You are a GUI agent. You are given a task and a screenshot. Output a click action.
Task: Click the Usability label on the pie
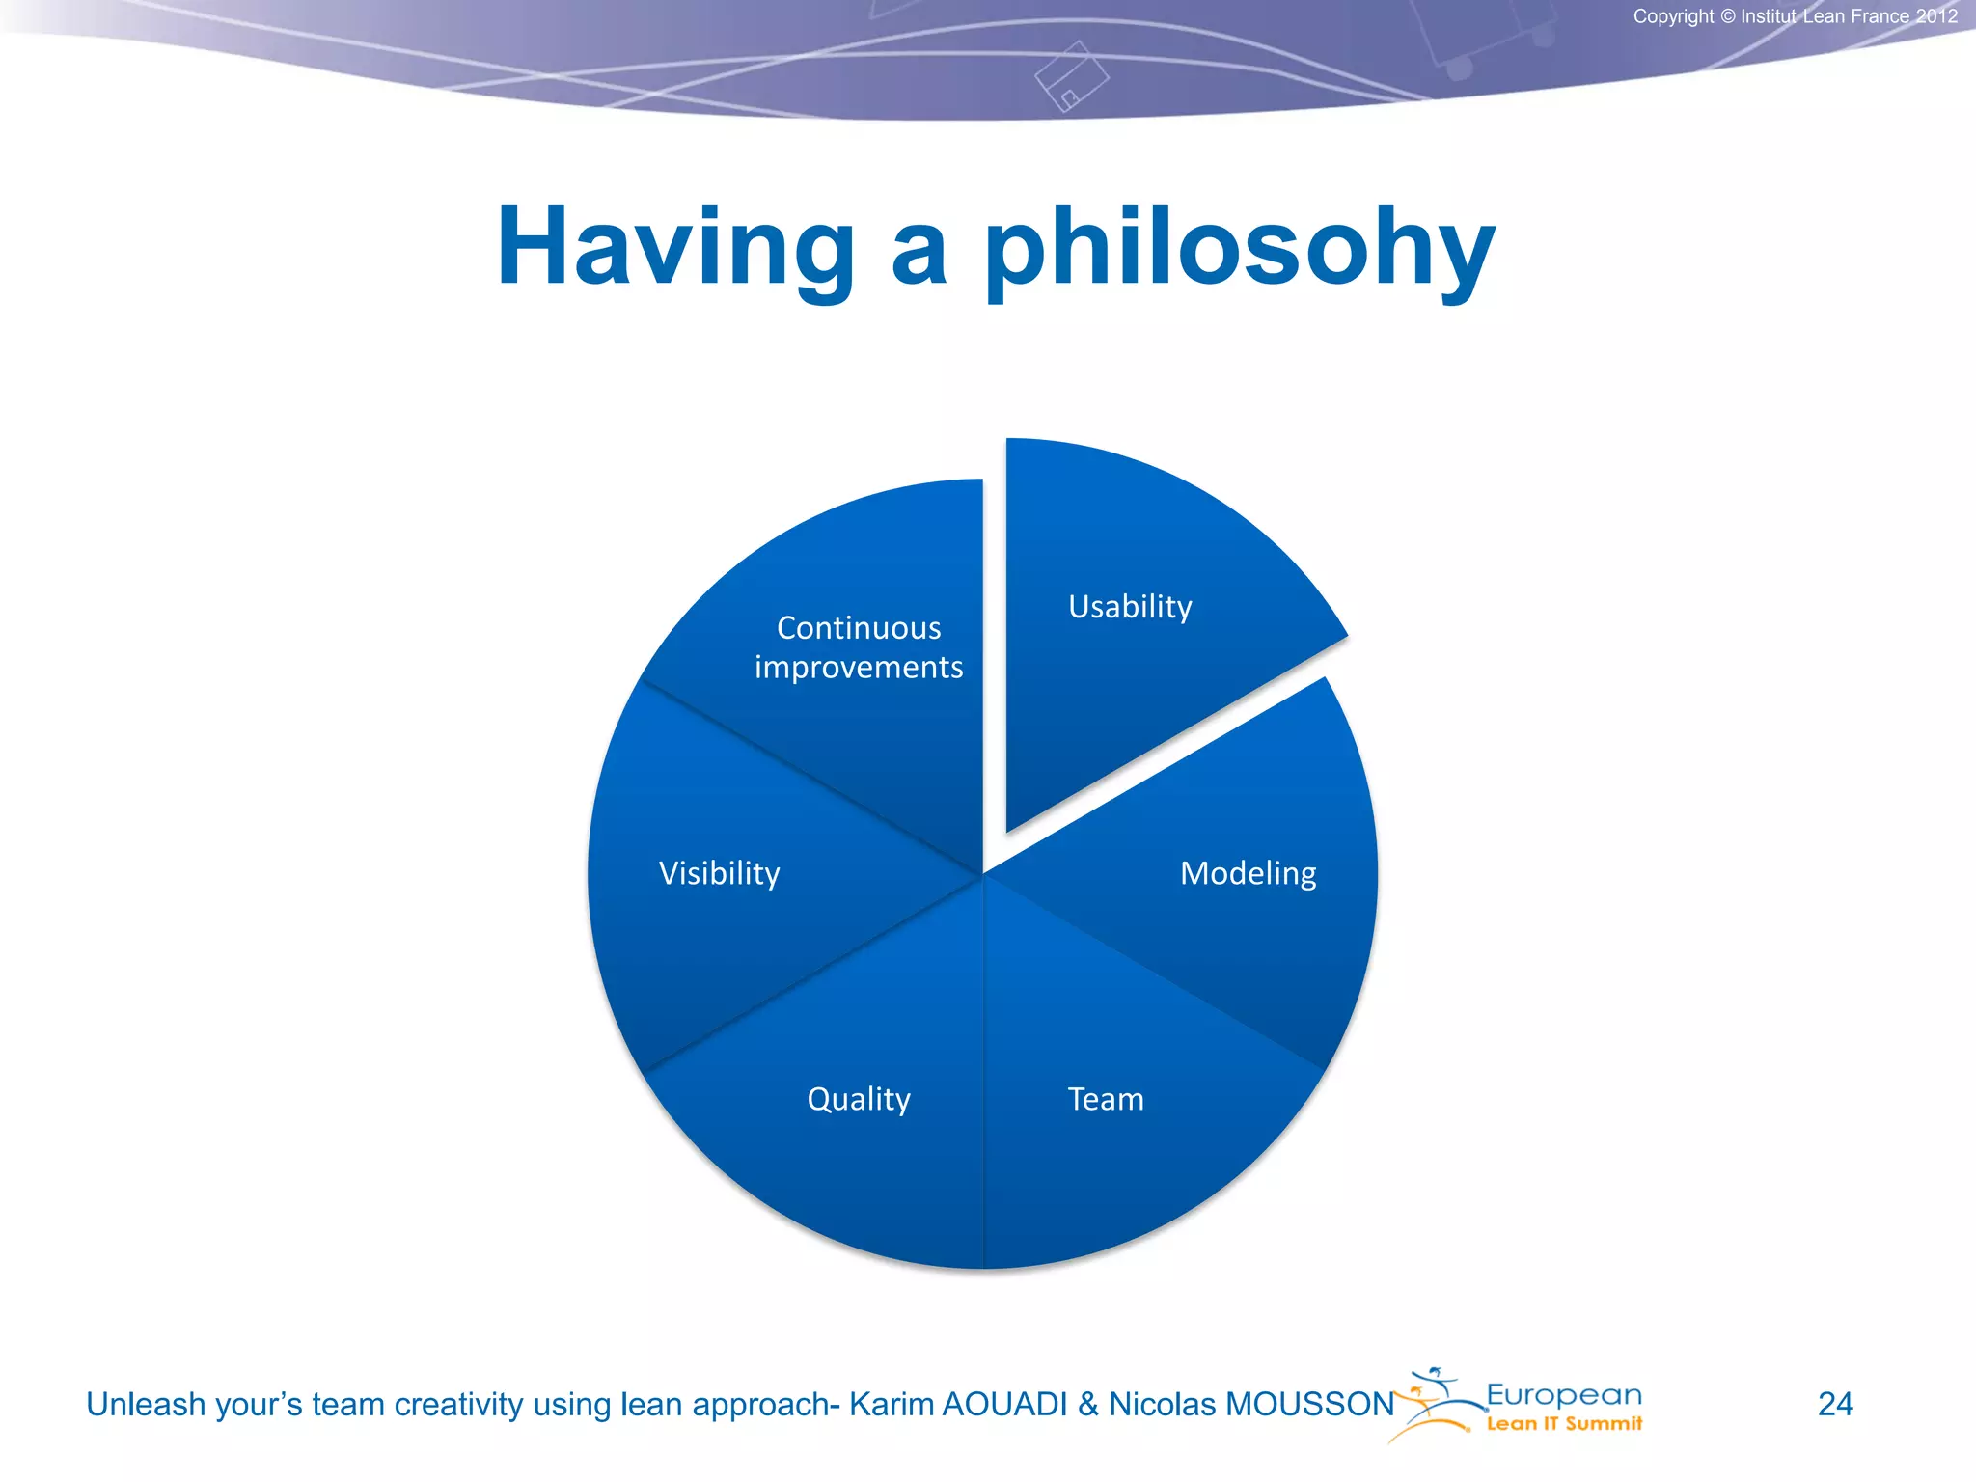1130,607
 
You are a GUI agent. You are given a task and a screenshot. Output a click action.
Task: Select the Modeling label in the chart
1248,873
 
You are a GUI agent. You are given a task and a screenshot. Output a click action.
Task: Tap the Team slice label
1106,1099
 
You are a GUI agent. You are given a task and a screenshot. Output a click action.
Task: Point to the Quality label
858,1099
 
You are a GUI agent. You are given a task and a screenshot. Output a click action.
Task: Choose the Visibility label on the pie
719,873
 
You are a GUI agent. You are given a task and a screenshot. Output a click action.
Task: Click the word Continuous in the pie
859,628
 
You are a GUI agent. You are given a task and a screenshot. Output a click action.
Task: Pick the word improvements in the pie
859,668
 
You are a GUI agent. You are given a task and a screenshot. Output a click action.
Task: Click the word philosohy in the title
1239,248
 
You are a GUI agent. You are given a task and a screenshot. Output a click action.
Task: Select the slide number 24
1835,1404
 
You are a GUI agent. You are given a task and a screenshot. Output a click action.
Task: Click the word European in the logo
1563,1395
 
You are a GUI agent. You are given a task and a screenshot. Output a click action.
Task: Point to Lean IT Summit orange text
1563,1424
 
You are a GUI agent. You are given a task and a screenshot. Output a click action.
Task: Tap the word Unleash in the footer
146,1405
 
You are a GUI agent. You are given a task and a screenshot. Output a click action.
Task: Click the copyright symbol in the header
1727,16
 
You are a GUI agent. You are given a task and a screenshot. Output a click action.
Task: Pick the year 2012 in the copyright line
1936,16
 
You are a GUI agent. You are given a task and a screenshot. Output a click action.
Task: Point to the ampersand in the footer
1088,1405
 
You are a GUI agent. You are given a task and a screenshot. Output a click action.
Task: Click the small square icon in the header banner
1071,77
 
